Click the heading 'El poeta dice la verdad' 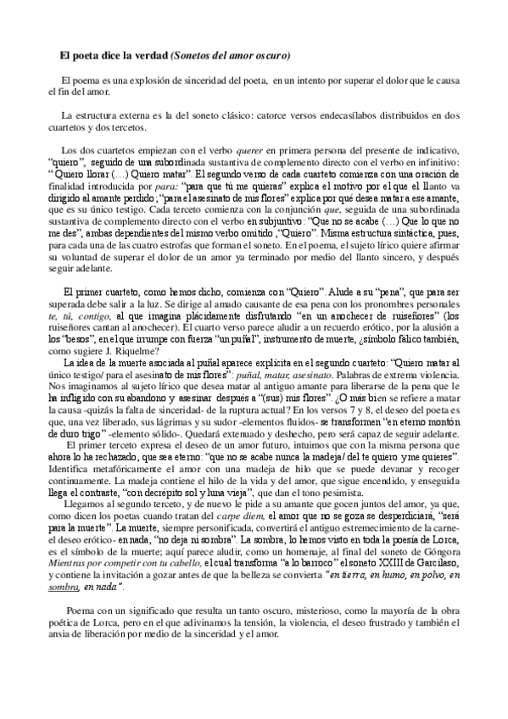coord(113,56)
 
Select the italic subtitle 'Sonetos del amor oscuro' coord(231,56)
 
